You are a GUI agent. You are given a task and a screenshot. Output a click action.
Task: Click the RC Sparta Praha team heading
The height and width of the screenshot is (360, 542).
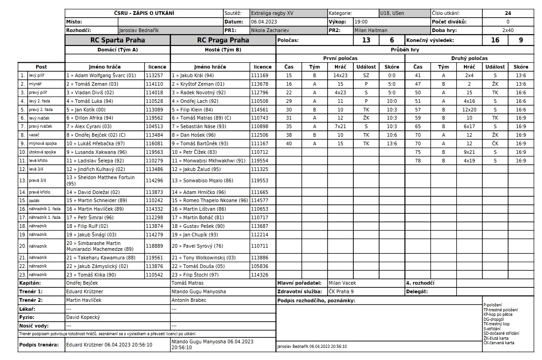pos(117,40)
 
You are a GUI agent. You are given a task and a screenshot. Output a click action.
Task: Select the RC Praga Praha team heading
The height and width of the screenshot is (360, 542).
pos(223,40)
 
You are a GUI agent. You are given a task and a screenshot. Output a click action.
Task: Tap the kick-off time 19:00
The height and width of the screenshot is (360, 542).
pos(361,22)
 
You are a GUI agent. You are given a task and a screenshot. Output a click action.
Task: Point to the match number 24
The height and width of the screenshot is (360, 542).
pos(508,14)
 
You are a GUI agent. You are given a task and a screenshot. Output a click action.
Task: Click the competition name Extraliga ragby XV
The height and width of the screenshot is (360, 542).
pos(272,14)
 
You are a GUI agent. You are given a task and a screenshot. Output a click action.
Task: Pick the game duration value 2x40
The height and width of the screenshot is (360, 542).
pos(508,30)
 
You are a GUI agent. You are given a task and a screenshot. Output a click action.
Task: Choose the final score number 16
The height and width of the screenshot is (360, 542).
pos(495,40)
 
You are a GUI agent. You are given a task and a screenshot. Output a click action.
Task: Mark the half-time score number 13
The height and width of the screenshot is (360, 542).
pos(366,40)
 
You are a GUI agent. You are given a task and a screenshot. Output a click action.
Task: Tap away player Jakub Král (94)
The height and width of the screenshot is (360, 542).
pos(193,75)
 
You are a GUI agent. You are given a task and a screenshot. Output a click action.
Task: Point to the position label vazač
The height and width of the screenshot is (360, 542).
pos(34,135)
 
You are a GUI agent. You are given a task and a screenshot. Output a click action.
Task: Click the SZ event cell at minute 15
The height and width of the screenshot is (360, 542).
pos(366,75)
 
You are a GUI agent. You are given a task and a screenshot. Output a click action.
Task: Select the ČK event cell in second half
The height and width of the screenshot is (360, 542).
pos(495,143)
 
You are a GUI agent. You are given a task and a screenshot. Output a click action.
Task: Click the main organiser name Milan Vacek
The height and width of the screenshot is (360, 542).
pos(343,283)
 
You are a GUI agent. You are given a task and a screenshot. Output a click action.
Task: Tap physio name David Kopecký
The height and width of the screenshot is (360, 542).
pos(83,317)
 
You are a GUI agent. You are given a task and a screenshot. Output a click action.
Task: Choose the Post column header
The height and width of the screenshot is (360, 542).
pos(41,67)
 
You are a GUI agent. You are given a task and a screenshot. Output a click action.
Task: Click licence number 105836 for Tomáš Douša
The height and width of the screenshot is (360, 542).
pos(259,266)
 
